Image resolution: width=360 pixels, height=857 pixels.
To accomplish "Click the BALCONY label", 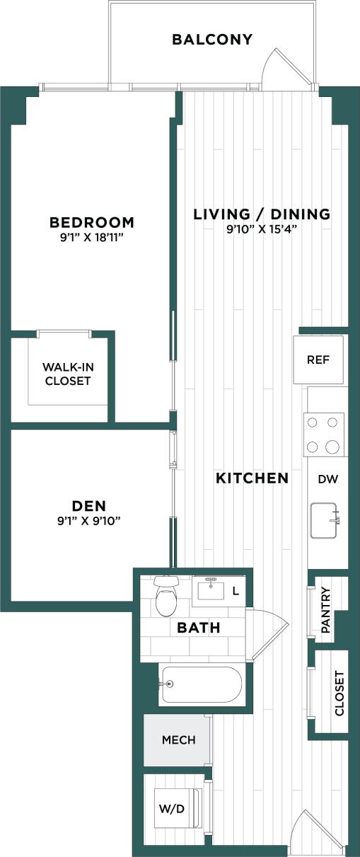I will tap(212, 40).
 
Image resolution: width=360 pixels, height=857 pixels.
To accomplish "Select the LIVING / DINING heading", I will tap(262, 214).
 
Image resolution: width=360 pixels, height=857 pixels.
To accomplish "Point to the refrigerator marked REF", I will tap(318, 360).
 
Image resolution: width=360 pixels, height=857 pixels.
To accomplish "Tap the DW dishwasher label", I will tap(327, 479).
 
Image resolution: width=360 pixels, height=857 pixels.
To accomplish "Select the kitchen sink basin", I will tap(325, 521).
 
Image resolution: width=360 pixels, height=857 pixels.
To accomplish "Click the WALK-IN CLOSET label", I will tap(67, 374).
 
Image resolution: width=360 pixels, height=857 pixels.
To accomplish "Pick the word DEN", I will tap(89, 505).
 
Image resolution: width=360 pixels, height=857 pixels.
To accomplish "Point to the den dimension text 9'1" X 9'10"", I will tap(89, 521).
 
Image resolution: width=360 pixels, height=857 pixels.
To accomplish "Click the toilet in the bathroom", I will tap(168, 597).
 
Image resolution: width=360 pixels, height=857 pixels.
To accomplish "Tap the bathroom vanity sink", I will tap(211, 589).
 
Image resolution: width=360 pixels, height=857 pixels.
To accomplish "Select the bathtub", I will tap(201, 684).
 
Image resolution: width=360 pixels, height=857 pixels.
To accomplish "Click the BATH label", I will tap(199, 628).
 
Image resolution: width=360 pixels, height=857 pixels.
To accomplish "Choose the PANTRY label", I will tap(326, 609).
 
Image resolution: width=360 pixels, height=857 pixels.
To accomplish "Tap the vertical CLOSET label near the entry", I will tap(339, 694).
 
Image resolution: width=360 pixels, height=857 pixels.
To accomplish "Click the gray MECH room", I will tap(178, 740).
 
